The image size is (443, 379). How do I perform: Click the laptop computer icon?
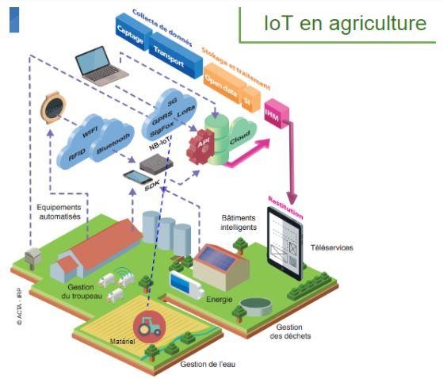coord(101,67)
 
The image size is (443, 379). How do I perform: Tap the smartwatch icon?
coord(53,108)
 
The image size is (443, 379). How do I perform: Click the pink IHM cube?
coord(276,113)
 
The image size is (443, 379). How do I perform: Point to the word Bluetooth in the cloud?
coord(113,144)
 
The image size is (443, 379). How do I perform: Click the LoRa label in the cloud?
coord(186,111)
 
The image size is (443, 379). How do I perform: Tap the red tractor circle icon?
coord(149,327)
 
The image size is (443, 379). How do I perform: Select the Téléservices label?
coord(332,247)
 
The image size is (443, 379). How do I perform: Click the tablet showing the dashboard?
coord(285,243)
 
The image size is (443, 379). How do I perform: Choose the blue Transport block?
coord(174,56)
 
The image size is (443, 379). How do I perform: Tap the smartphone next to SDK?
coord(138,177)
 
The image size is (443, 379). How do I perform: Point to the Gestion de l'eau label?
coord(208,364)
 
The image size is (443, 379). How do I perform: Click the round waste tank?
coord(256,306)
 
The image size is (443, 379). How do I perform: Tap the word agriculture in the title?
coord(377,24)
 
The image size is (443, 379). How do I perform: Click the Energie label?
coord(220,299)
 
